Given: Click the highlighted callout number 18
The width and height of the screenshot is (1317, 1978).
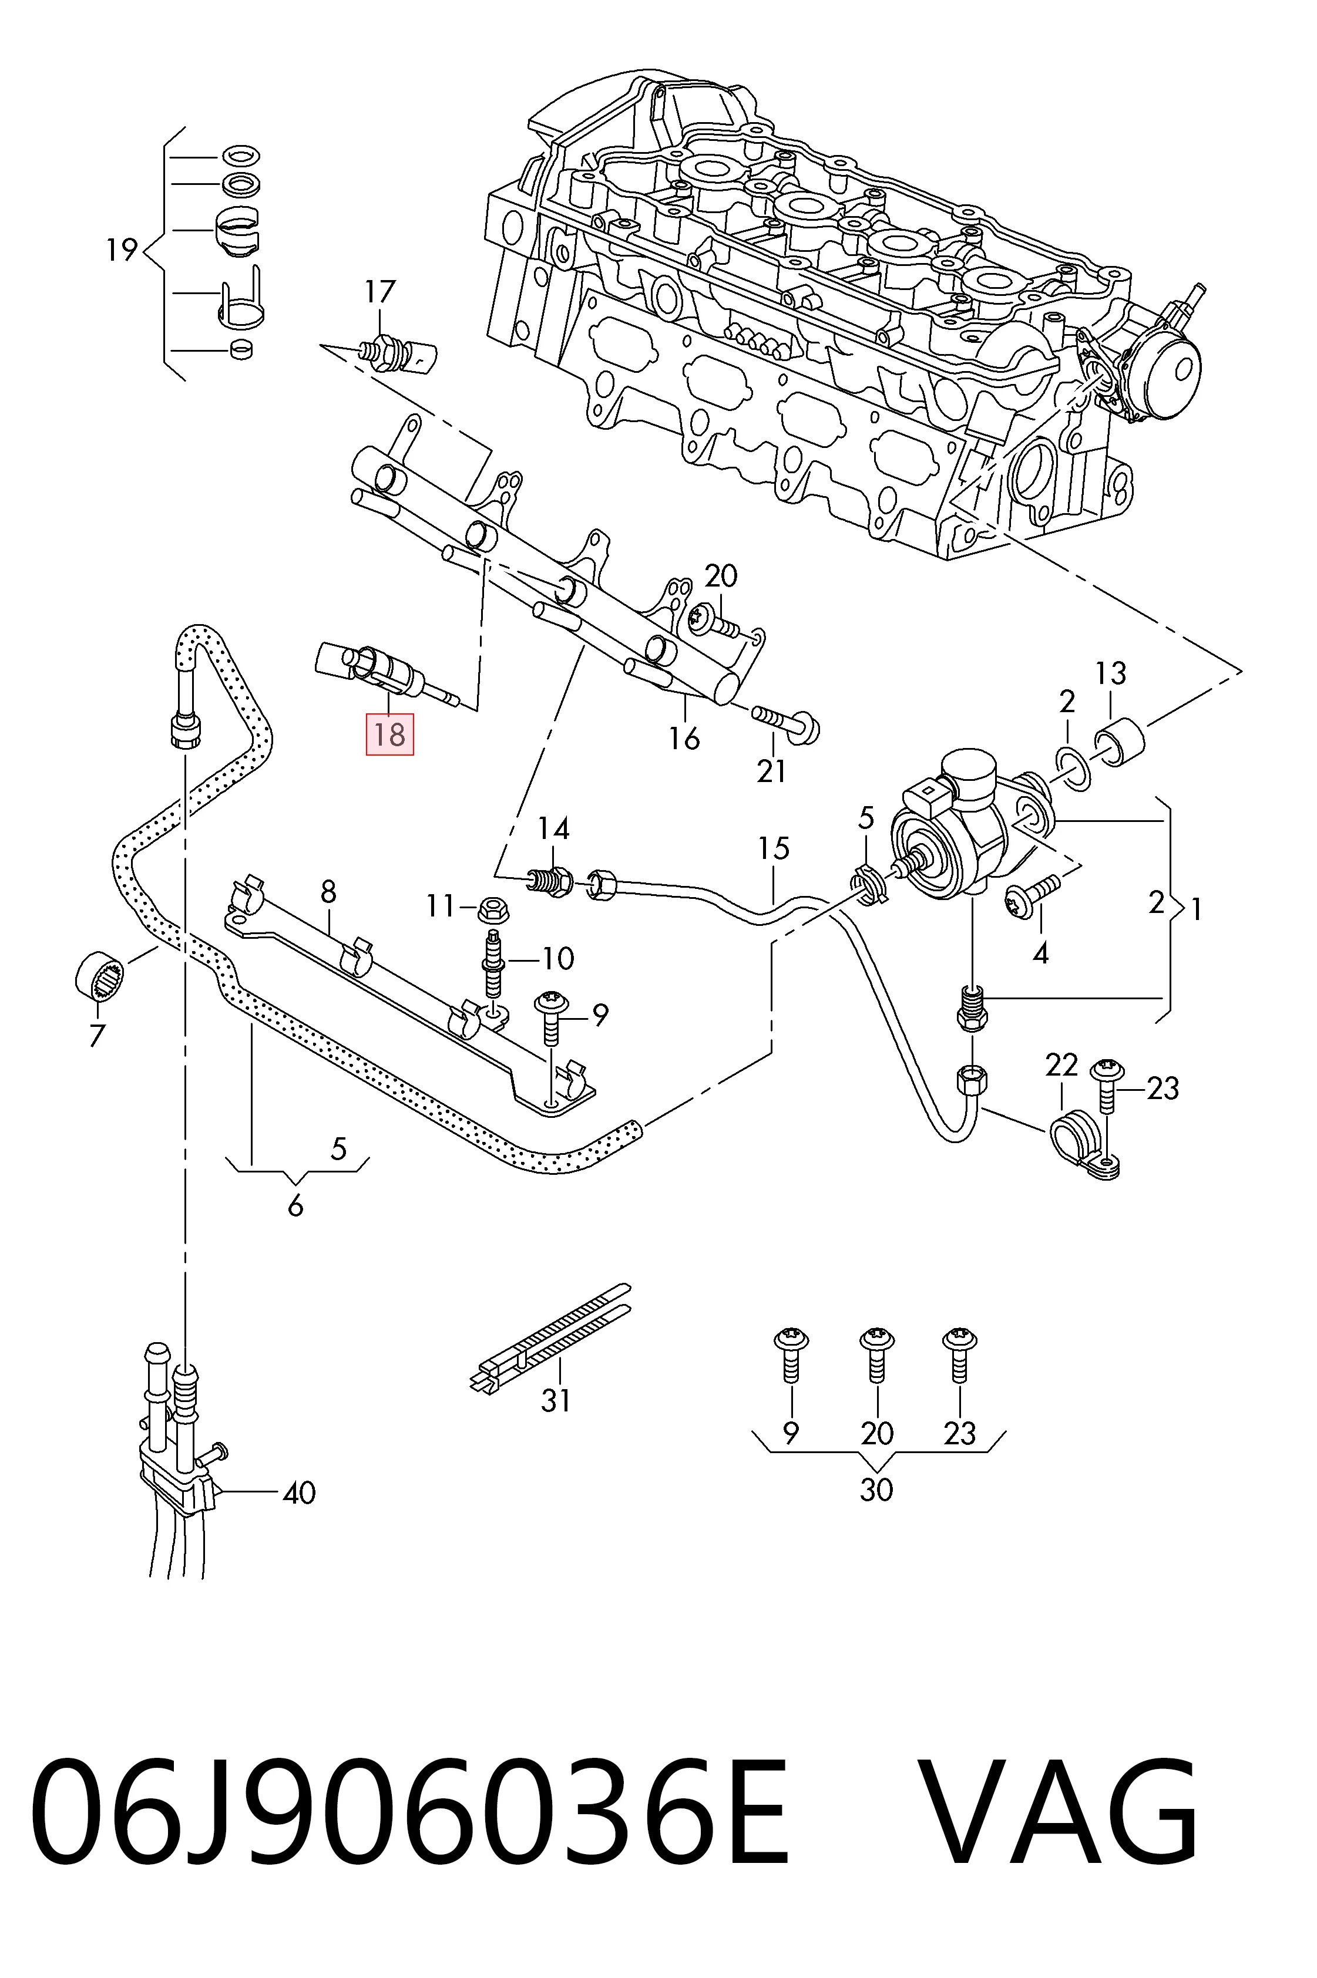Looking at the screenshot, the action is click(389, 734).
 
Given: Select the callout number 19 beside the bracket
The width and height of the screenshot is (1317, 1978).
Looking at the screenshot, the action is click(122, 250).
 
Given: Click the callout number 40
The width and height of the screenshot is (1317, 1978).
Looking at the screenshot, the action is click(299, 1492).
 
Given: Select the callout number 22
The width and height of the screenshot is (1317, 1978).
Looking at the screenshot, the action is click(1061, 1064).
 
